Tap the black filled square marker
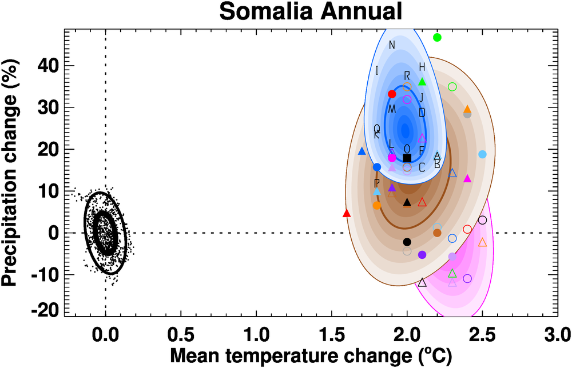click(x=407, y=158)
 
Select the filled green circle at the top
click(x=438, y=37)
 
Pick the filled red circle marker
click(x=392, y=94)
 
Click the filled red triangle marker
click(x=346, y=213)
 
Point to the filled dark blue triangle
click(x=362, y=151)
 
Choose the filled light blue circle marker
click(x=482, y=154)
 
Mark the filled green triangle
click(x=422, y=82)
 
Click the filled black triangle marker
click(x=407, y=202)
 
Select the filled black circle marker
click(x=407, y=242)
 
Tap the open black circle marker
click(x=482, y=220)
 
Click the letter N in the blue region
click(x=392, y=46)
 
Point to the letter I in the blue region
click(x=377, y=71)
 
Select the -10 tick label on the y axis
click(x=59, y=275)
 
